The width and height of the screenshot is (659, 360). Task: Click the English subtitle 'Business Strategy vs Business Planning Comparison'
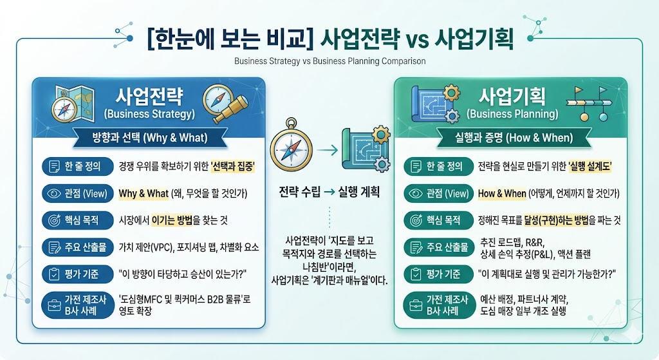[330, 61]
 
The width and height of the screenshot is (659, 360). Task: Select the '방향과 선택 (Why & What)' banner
[150, 138]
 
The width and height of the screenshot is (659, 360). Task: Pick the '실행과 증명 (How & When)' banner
[514, 138]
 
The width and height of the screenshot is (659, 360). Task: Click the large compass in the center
[292, 148]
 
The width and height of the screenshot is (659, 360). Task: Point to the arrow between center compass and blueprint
[328, 149]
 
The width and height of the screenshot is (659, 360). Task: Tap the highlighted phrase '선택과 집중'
[232, 167]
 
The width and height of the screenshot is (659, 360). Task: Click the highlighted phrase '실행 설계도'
[589, 167]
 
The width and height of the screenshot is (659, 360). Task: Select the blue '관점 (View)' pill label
[78, 193]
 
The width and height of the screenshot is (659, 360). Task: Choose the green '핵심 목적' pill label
[440, 220]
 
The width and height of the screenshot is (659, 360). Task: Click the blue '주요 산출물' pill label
[78, 247]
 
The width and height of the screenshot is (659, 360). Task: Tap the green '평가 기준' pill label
[440, 274]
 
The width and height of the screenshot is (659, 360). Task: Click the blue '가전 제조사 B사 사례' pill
[78, 305]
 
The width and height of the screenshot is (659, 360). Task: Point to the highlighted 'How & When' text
[502, 193]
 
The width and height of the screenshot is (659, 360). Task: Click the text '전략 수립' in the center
[300, 192]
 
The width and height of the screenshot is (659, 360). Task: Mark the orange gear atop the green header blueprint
[451, 93]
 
